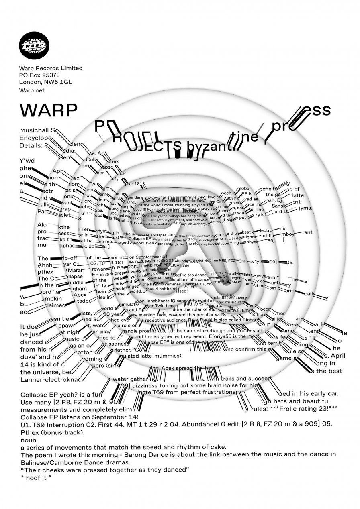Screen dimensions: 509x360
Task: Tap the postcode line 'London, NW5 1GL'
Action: click(x=45, y=82)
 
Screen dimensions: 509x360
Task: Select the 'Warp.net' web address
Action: click(x=31, y=90)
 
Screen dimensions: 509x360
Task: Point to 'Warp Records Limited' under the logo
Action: click(x=51, y=68)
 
